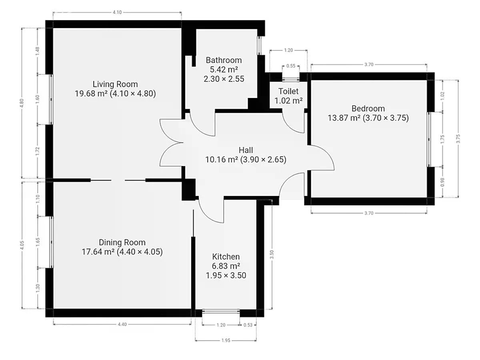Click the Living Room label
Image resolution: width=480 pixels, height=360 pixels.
(115, 84)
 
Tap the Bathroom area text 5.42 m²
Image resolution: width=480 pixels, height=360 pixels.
(224, 70)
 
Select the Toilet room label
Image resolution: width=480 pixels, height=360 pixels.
(288, 91)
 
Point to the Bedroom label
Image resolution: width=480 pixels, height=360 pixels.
(368, 108)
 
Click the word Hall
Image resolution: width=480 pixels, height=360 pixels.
(246, 150)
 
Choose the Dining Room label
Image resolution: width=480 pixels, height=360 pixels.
(122, 242)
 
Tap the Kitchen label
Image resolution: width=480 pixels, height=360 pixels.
(226, 257)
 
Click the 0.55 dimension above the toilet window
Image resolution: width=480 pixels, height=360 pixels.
(291, 66)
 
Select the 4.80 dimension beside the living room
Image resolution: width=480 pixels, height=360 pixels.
(22, 103)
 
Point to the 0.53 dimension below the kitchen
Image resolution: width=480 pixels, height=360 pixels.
(248, 325)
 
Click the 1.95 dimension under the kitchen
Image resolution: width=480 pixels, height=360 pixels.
(226, 340)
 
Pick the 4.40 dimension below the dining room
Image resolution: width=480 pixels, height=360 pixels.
(122, 324)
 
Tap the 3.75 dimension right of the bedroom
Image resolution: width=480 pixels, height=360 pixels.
(458, 138)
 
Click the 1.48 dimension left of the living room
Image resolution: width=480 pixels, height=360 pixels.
(37, 51)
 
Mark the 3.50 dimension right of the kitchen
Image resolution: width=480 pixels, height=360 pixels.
(272, 255)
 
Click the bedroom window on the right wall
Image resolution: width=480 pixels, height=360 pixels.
(429, 140)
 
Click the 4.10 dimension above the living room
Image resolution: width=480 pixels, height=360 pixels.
(117, 12)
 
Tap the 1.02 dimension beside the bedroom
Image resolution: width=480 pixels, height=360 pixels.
(443, 96)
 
